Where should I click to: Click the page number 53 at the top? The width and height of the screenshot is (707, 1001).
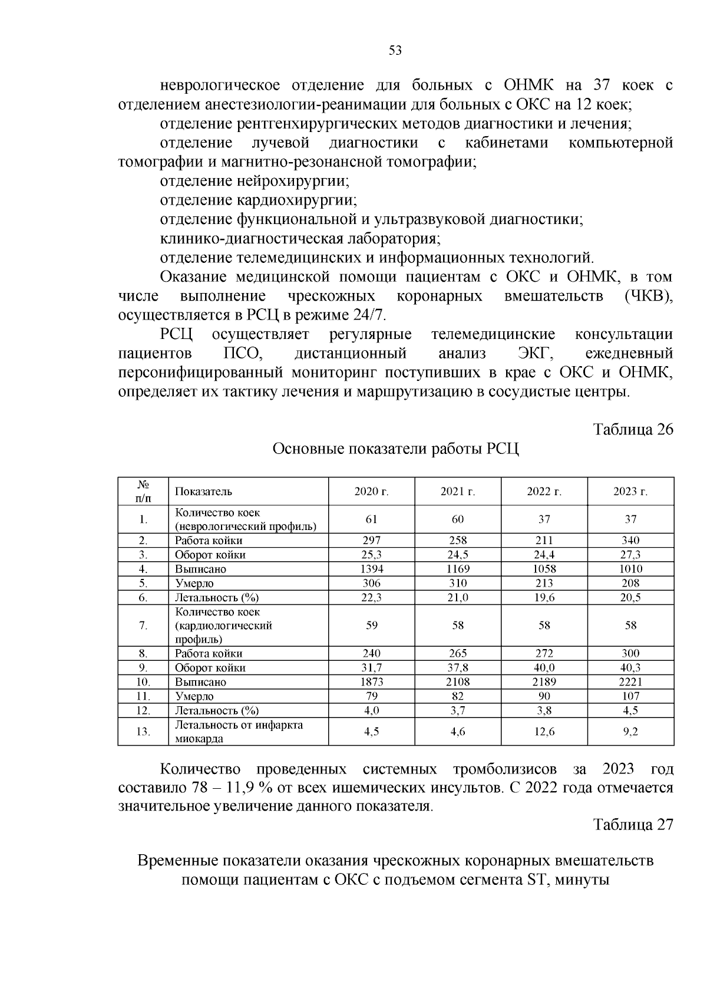click(x=395, y=51)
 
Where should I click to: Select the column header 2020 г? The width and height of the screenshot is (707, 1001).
click(x=371, y=492)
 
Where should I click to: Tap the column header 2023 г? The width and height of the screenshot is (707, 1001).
click(x=630, y=492)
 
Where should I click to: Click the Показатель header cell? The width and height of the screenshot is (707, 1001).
click(x=203, y=492)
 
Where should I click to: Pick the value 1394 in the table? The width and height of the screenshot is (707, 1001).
click(x=371, y=569)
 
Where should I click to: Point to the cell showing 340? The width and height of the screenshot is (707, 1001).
click(x=630, y=541)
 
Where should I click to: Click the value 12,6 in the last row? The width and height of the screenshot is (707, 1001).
click(x=544, y=732)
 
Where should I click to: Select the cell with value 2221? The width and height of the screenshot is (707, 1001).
click(x=630, y=682)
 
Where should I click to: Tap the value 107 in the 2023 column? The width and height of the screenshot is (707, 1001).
click(x=630, y=696)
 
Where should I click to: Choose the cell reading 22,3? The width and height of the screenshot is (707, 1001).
click(x=371, y=597)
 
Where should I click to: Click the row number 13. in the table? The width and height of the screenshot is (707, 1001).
click(x=143, y=732)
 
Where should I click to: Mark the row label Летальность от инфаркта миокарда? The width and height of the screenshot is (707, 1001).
click(x=239, y=732)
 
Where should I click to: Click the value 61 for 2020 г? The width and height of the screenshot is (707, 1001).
click(x=371, y=519)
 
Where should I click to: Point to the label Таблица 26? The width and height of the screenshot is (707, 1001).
click(x=633, y=429)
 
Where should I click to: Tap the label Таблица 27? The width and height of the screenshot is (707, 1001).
click(x=633, y=824)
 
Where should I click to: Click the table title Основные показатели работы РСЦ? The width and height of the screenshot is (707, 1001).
click(x=395, y=449)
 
